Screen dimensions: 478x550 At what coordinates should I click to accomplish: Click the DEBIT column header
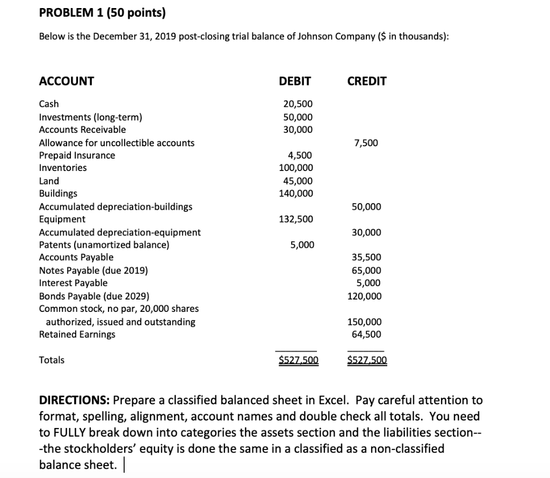(x=295, y=81)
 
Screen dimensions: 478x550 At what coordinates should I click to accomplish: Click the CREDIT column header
(x=367, y=81)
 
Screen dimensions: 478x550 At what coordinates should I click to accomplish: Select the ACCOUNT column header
(x=67, y=81)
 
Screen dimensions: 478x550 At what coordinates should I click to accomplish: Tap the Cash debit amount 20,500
(x=298, y=104)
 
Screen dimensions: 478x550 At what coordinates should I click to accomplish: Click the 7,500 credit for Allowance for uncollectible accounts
(x=366, y=143)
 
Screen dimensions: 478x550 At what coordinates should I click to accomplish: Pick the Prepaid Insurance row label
(x=77, y=155)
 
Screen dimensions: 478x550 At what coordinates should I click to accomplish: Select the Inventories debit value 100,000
(x=296, y=168)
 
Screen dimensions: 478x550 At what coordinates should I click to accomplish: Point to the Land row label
(x=49, y=181)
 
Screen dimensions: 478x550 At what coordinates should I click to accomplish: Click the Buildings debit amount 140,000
(x=296, y=194)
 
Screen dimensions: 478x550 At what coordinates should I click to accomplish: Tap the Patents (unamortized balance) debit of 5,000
(x=302, y=245)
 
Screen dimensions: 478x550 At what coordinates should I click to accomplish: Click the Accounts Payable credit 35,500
(x=366, y=258)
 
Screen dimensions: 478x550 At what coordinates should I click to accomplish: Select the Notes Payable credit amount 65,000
(x=366, y=270)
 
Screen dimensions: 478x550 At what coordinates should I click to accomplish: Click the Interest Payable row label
(x=74, y=283)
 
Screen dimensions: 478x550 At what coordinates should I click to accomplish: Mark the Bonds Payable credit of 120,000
(x=364, y=296)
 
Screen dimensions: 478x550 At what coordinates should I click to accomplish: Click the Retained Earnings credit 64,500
(x=366, y=334)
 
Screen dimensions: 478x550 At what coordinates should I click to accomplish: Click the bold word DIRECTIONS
(x=74, y=401)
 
